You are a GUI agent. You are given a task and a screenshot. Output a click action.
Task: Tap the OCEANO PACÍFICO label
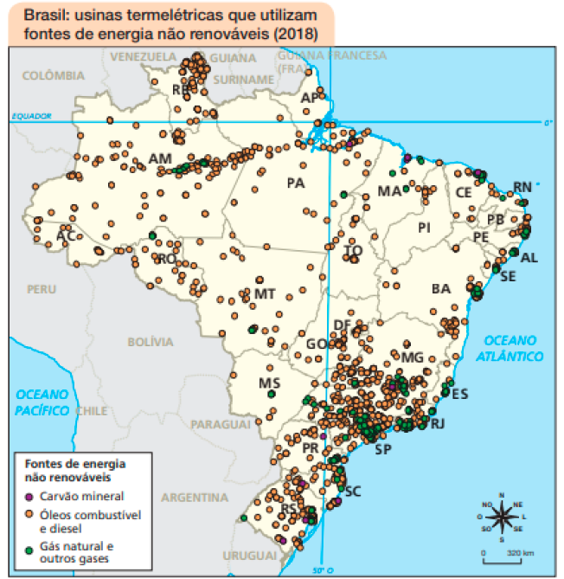[x=42, y=402]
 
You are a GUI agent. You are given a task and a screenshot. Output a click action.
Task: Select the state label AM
[x=160, y=159]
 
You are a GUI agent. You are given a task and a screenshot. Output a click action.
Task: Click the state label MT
[x=265, y=293]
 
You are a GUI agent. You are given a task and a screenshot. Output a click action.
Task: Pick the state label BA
[x=441, y=288]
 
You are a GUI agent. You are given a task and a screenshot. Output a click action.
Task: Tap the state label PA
[x=296, y=183]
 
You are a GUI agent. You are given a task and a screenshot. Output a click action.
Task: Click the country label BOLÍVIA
[x=151, y=343]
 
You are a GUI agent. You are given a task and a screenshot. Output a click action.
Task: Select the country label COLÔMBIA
[x=53, y=75]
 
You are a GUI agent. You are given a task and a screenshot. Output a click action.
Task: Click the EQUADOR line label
[x=31, y=116]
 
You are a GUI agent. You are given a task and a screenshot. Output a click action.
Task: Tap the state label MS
[x=269, y=382]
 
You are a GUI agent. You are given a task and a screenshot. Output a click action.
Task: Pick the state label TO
[x=353, y=251]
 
